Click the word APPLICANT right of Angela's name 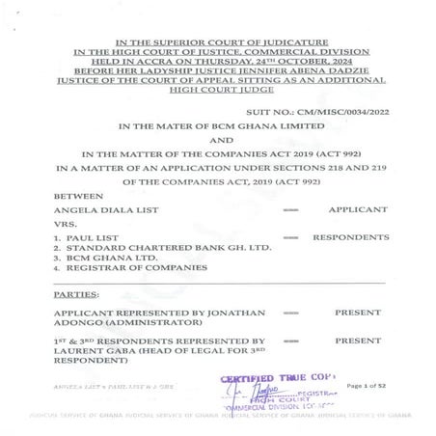coord(357,209)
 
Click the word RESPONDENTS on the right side coord(349,237)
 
